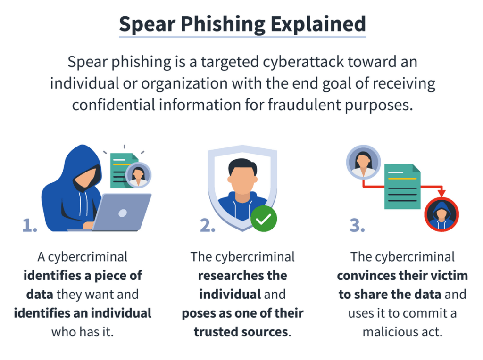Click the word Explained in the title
point(318,24)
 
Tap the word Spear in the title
point(147,25)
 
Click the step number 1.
point(30,225)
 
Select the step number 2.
point(208,225)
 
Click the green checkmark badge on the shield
point(264,219)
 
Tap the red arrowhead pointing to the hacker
point(441,193)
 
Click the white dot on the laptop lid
point(123,213)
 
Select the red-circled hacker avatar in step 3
point(441,214)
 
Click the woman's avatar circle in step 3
point(364,162)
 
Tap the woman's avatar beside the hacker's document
point(138,175)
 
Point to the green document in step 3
point(402,187)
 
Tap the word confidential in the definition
point(114,105)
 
